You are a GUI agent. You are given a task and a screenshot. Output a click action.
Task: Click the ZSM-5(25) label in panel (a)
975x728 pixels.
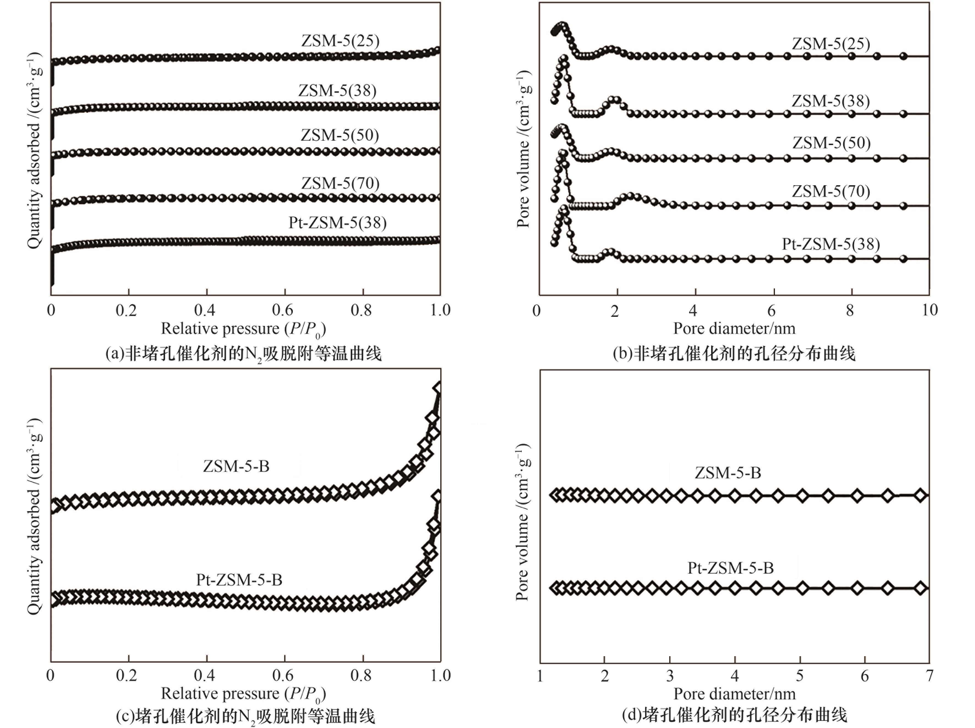pyautogui.click(x=340, y=41)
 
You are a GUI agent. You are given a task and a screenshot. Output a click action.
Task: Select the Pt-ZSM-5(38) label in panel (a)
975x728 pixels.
pyautogui.click(x=337, y=223)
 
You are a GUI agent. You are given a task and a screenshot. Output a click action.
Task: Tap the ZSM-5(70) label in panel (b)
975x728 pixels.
pyautogui.click(x=831, y=191)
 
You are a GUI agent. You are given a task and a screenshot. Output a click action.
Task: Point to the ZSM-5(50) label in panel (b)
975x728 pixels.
pyautogui.click(x=831, y=143)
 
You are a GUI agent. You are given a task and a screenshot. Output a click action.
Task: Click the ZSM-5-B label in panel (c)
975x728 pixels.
pyautogui.click(x=236, y=466)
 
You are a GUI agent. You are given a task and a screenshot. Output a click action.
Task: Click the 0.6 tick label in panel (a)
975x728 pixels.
pyautogui.click(x=282, y=310)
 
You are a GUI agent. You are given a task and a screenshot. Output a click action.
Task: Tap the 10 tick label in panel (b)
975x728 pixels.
pyautogui.click(x=929, y=310)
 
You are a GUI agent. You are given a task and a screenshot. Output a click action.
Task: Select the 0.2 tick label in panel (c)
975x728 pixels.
pyautogui.click(x=126, y=675)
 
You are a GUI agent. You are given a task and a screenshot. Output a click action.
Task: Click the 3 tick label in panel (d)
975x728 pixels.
pyautogui.click(x=670, y=675)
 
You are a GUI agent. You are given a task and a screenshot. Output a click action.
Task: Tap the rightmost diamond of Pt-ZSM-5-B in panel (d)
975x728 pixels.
pyautogui.click(x=920, y=588)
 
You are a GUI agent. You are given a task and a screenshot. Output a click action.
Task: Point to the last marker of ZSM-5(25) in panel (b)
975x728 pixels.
pyautogui.click(x=903, y=56)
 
